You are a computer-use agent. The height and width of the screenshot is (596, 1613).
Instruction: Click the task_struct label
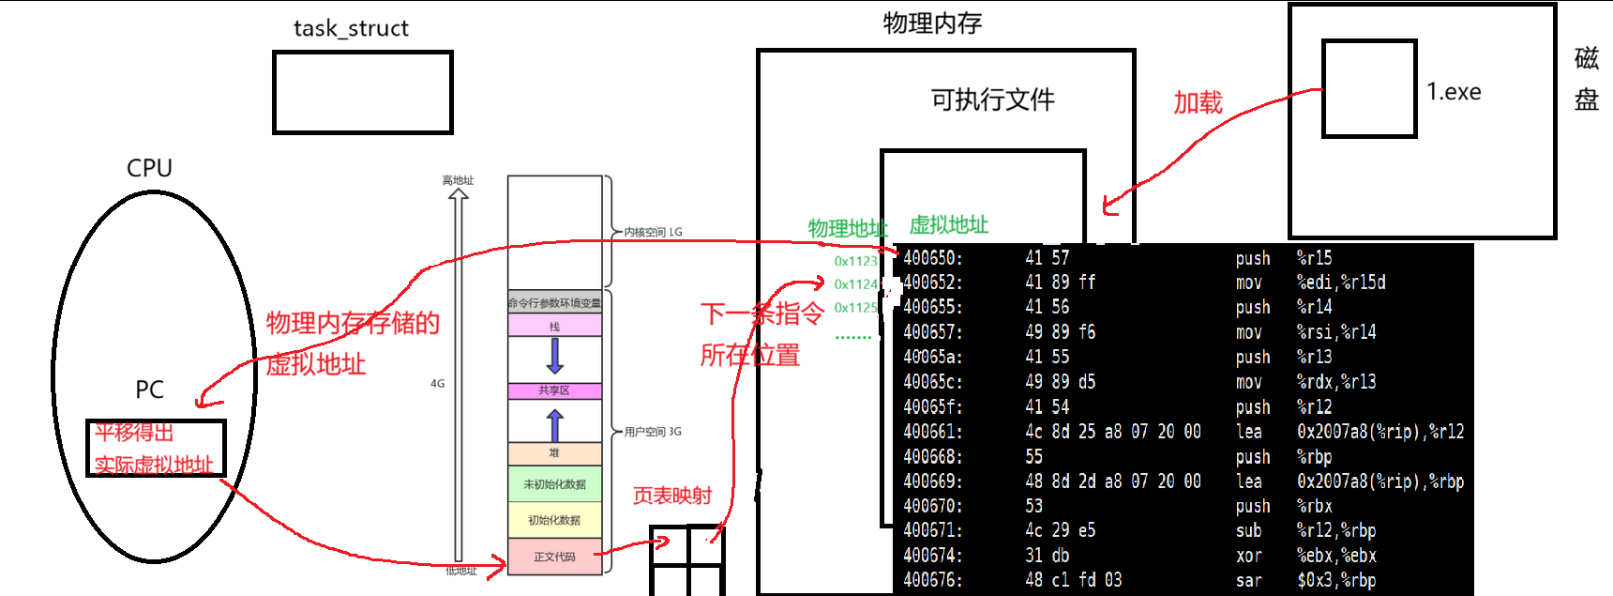(351, 28)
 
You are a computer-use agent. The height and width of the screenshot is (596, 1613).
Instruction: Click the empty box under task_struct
(363, 92)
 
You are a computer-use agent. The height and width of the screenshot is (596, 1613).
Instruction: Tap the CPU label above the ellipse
(149, 168)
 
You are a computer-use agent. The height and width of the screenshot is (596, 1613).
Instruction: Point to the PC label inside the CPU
(149, 390)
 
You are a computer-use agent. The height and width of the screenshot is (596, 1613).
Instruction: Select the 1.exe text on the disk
(1454, 92)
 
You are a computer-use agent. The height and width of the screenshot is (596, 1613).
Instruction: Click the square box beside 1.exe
(1369, 89)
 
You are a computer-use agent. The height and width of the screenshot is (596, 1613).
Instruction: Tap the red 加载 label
(1198, 102)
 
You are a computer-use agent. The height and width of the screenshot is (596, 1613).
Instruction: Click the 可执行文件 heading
(992, 99)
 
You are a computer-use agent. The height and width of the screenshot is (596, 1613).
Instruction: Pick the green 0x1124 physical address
(855, 284)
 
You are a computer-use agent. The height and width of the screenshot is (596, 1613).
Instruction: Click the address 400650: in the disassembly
(932, 258)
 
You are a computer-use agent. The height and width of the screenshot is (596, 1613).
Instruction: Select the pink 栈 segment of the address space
(554, 327)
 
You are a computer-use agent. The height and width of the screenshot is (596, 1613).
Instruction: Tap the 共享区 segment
(554, 390)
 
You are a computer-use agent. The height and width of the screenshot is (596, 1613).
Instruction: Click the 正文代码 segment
(554, 557)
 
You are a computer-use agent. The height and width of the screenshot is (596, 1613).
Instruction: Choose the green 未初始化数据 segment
(554, 484)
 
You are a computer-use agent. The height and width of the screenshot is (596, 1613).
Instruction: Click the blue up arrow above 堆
(554, 424)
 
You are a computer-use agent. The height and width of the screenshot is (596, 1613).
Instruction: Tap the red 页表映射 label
(671, 496)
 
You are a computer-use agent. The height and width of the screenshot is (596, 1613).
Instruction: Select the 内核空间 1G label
(653, 232)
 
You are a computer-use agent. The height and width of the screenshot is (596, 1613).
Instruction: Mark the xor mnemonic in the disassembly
(1248, 556)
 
